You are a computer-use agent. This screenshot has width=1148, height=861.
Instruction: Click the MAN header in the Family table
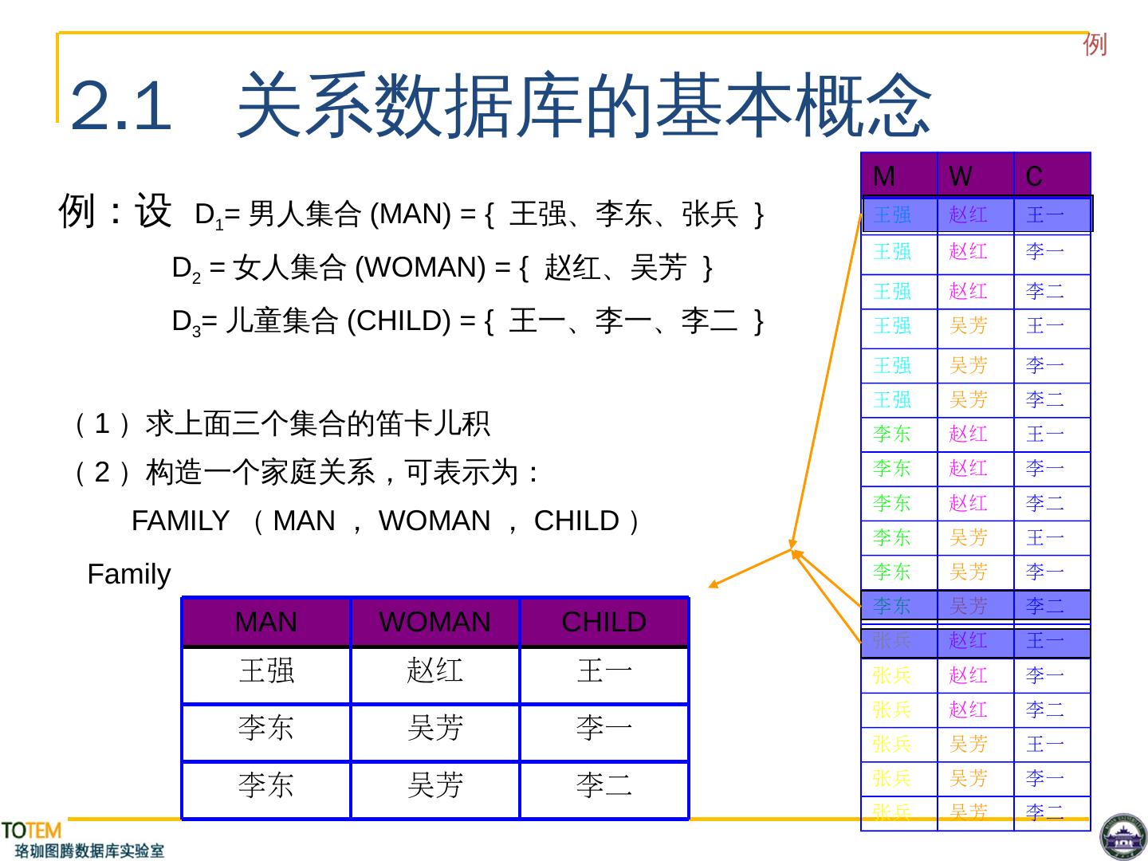coord(266,622)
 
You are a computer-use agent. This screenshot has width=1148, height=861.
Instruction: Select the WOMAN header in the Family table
coord(434,622)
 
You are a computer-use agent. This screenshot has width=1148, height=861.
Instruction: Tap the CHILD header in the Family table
coord(603,622)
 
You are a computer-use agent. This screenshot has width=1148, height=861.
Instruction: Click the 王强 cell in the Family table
coord(266,670)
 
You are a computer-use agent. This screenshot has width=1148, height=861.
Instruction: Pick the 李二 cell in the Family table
coord(603,785)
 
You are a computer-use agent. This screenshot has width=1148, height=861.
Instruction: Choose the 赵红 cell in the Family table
coord(434,670)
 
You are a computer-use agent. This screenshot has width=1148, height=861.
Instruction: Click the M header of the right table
coord(884,175)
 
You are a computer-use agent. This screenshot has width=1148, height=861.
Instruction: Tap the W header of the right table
coord(961,175)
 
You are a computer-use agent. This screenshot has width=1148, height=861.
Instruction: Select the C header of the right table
coord(1034,175)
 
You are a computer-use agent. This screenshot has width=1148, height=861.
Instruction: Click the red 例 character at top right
coord(1095,45)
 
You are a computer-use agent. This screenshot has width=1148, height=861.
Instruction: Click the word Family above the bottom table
coord(128,574)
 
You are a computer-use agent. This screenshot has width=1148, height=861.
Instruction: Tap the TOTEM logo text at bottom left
coord(31,832)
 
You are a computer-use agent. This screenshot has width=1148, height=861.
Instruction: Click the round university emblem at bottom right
coord(1122,838)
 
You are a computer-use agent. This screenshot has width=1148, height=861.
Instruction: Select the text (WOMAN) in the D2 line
coord(420,268)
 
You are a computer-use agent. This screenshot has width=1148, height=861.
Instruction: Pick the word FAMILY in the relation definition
coord(180,521)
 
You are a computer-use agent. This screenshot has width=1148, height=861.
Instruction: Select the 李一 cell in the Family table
coord(603,728)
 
